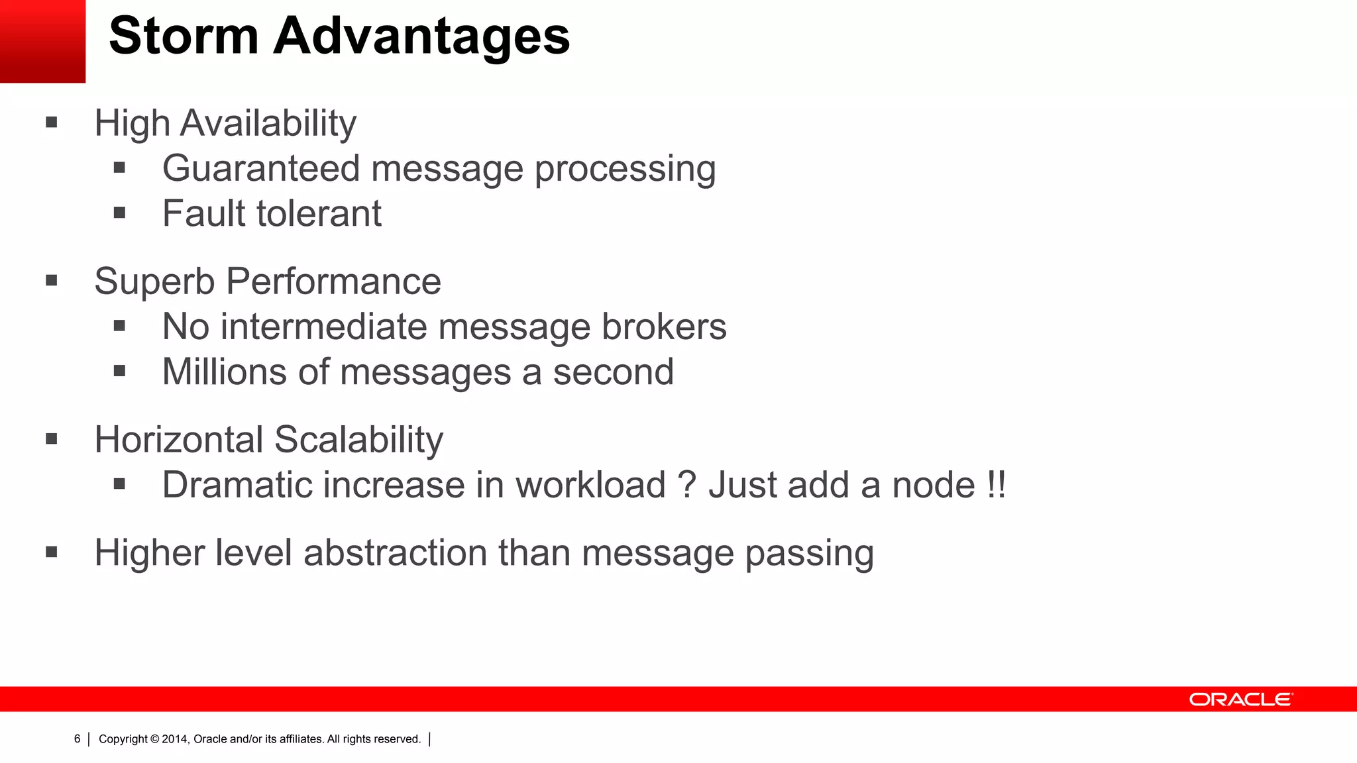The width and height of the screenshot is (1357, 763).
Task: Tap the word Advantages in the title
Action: click(x=421, y=37)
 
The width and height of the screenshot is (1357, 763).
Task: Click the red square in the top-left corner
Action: click(x=42, y=41)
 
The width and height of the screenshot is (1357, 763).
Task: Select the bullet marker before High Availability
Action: click(x=52, y=123)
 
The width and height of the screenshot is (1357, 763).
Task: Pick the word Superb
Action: click(x=154, y=282)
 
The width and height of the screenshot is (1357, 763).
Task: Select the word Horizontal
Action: click(x=179, y=439)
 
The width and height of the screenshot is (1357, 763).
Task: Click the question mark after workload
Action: click(x=687, y=485)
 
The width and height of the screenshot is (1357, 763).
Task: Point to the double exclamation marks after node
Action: click(x=996, y=485)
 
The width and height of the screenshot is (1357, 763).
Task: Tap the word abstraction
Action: click(x=395, y=552)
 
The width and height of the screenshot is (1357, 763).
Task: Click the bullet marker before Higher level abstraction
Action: click(x=52, y=552)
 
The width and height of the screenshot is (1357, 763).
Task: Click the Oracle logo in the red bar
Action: click(x=1240, y=699)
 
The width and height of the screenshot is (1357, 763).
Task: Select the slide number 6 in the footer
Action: click(x=78, y=738)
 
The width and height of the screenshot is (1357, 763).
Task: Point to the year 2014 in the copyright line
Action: click(x=175, y=739)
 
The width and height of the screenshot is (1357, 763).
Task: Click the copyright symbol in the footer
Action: click(x=155, y=739)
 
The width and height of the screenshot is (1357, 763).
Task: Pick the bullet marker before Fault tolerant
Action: click(x=119, y=213)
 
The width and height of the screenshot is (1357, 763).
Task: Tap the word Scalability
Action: click(x=358, y=439)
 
